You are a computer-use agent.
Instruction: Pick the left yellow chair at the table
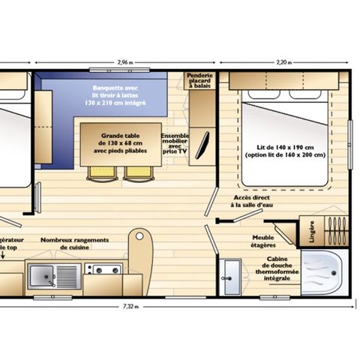(99, 172)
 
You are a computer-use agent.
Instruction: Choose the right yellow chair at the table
(136, 172)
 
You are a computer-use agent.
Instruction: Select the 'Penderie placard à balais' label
(200, 82)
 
